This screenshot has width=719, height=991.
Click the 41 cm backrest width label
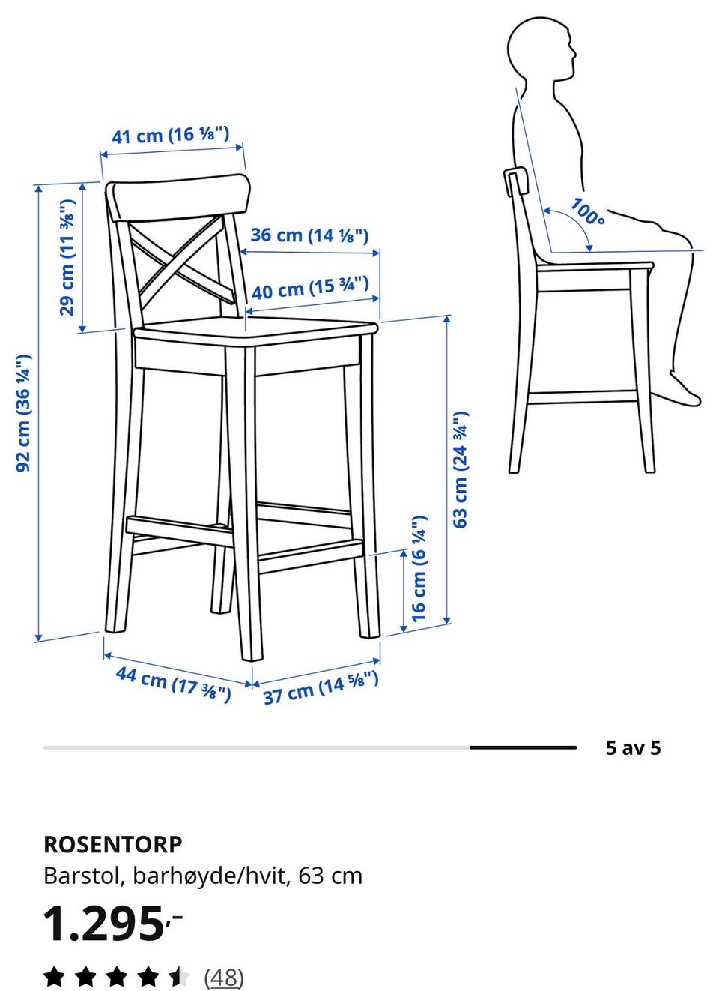[x=170, y=135]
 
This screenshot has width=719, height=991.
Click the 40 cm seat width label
[x=310, y=288]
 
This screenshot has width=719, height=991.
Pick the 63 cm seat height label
[x=460, y=469]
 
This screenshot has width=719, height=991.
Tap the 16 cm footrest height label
[x=418, y=568]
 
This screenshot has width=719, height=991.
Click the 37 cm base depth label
[x=321, y=687]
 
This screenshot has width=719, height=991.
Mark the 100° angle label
[x=588, y=211]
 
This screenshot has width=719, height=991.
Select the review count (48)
[x=224, y=976]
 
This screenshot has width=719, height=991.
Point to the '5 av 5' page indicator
[x=634, y=747]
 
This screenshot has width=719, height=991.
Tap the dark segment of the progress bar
[x=524, y=747]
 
